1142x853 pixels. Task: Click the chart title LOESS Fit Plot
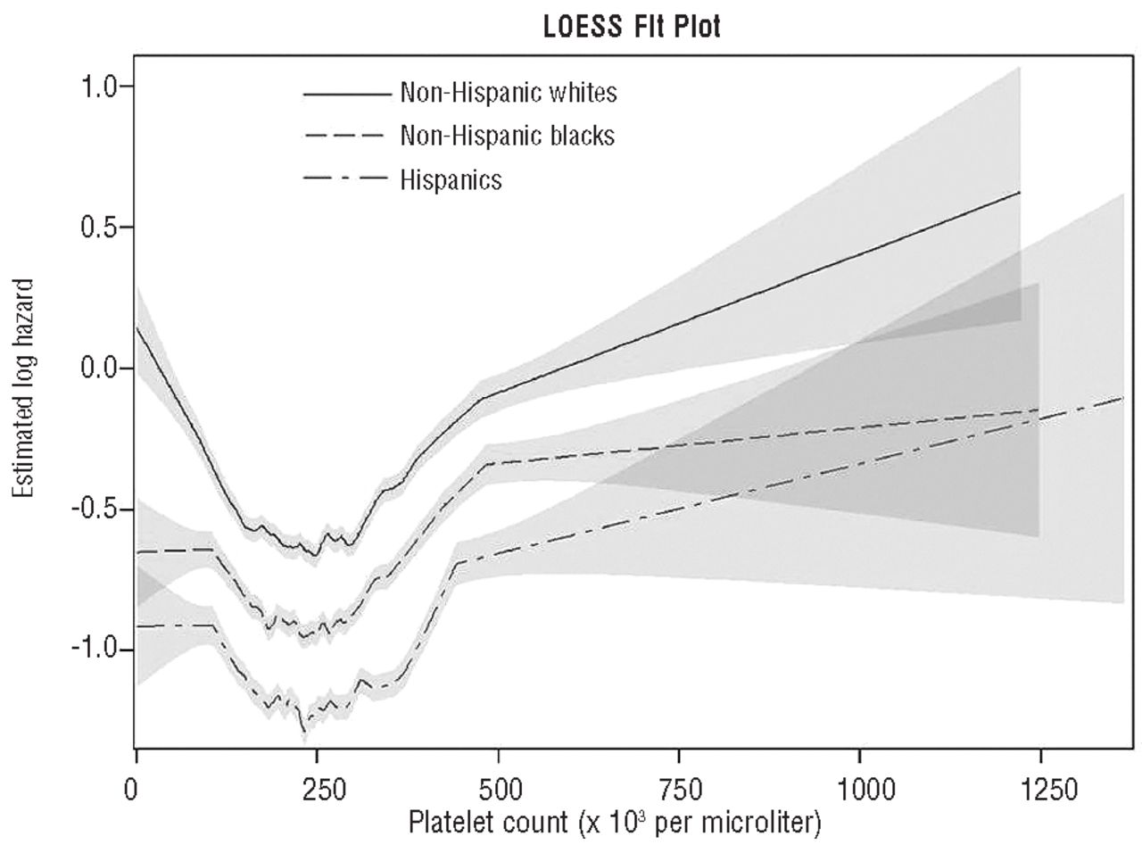coord(631,28)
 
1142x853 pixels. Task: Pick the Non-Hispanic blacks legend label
coord(508,136)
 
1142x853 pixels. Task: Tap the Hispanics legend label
coord(451,179)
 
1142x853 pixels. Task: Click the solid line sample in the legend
coord(347,93)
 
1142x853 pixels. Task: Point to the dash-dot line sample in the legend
coord(347,180)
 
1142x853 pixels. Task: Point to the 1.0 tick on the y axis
coord(100,87)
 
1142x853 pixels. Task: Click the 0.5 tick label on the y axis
coord(100,228)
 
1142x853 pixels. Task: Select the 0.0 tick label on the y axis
coord(100,369)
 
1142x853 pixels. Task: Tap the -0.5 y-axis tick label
coord(95,509)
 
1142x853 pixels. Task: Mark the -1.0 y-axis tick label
coord(95,650)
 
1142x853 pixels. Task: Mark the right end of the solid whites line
coord(1020,193)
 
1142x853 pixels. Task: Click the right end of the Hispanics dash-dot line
coord(1121,398)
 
